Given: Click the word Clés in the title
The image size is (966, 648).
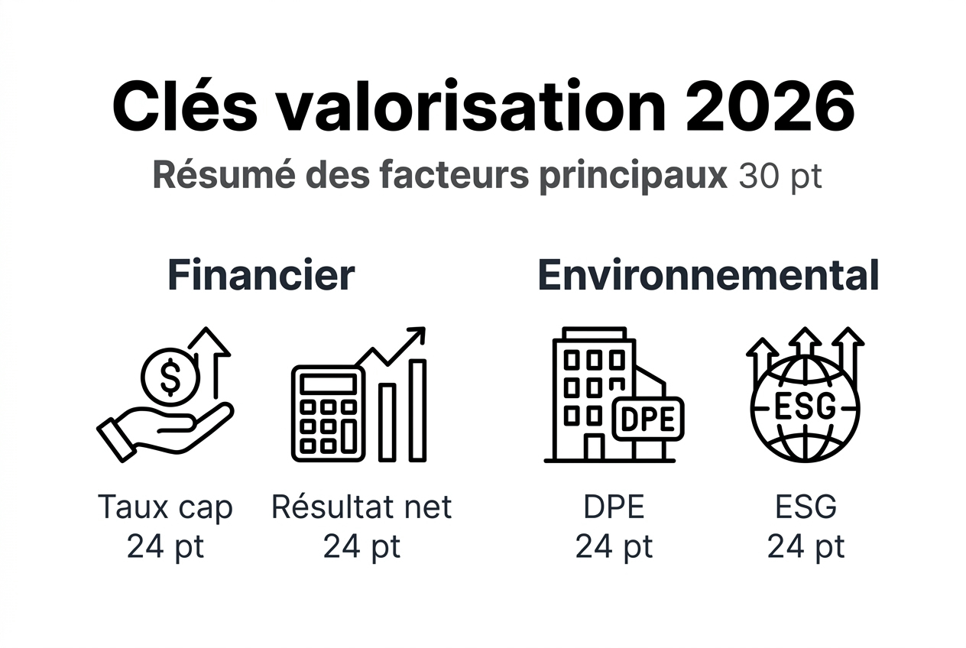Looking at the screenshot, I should pos(185,106).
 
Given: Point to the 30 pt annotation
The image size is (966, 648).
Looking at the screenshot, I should pos(780,177).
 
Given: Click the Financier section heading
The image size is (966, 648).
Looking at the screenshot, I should pos(261,275).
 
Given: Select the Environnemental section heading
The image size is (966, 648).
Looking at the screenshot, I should pos(708,275).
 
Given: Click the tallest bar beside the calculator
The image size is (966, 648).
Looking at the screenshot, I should pos(417,410).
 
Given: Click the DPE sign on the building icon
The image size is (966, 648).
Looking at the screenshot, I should pos(647,419).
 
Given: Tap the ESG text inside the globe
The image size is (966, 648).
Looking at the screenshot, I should pos(805,407).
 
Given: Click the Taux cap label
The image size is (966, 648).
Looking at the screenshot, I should pos(165,507).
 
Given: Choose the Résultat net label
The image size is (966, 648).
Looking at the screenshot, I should pos(361,507).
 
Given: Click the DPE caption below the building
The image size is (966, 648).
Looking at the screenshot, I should pos(614,507).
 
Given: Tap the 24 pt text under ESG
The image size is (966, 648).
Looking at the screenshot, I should pos(806,546).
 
